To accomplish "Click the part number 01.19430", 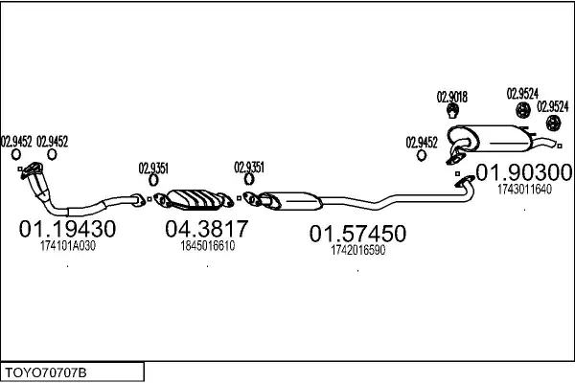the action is point(67,229).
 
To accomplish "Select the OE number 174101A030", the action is point(68,245).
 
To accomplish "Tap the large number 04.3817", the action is point(207,228).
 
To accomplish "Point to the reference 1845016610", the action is point(208,245).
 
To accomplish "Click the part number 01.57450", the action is point(357,234).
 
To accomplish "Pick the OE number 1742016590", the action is point(357,250).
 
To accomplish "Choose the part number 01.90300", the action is point(524,172).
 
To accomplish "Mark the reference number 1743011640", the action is point(524,190).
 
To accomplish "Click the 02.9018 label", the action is point(452,97).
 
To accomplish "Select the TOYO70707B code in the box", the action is point(45,373).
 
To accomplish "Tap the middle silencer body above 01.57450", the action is point(293,201).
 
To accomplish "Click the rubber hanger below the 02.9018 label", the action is point(453,111).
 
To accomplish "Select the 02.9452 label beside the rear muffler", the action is point(422,143).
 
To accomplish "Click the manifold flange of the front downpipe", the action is point(33,170).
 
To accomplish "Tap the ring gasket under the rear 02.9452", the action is point(422,155).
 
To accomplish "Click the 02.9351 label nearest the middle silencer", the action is point(249,168).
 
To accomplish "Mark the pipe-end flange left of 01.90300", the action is point(464,181).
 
